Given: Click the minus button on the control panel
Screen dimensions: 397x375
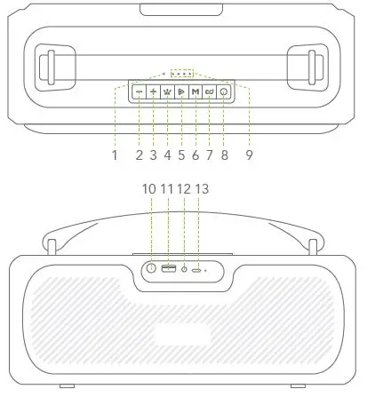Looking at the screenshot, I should (140, 91).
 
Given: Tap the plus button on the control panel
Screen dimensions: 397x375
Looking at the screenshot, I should (154, 91).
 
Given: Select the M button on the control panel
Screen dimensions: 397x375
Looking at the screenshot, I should (195, 91).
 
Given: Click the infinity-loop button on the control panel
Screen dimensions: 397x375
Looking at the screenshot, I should (209, 91).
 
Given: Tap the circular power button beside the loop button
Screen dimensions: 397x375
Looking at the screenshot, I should (222, 91).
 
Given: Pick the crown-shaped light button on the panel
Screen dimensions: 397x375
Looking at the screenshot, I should (167, 91).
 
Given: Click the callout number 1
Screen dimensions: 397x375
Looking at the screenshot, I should (115, 155).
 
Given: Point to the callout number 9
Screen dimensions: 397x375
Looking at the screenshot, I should (250, 155).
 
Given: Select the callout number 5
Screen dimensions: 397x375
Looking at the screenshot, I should (181, 155).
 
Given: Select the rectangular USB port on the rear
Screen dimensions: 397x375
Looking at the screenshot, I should (168, 268).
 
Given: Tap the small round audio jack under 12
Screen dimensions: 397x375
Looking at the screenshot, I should (184, 268).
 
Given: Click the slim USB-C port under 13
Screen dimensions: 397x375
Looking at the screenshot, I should (197, 268).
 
